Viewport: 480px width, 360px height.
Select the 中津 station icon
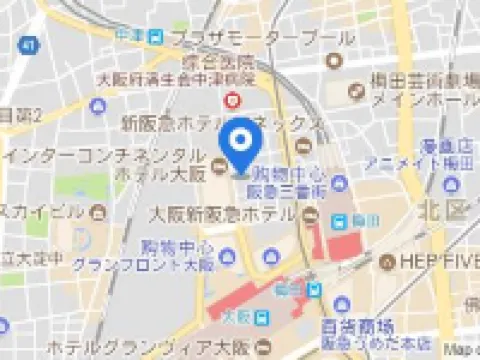point(154,37)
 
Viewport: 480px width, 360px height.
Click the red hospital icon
point(234,100)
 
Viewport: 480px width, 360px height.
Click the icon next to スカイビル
point(99,211)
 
